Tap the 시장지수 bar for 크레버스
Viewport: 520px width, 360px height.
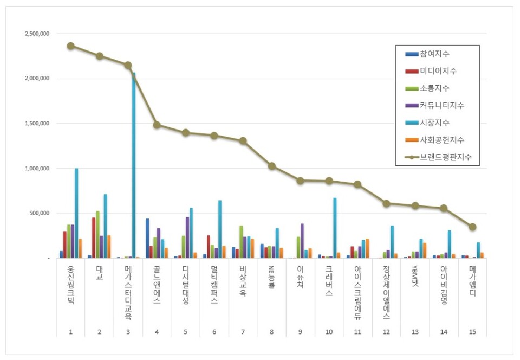click(335, 228)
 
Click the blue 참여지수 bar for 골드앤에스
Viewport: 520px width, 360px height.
click(147, 238)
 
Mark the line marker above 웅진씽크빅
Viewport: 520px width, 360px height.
click(70, 46)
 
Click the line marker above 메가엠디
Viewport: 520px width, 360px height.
click(472, 227)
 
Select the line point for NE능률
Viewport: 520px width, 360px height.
click(272, 166)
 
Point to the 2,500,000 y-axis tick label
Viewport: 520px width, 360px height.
click(37, 34)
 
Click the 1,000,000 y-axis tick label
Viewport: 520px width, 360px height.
click(37, 169)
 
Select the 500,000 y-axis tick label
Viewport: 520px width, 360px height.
click(40, 214)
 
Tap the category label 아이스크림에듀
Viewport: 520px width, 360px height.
click(357, 293)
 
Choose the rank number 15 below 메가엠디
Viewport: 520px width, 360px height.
click(472, 331)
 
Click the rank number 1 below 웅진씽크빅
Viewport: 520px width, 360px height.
click(70, 331)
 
